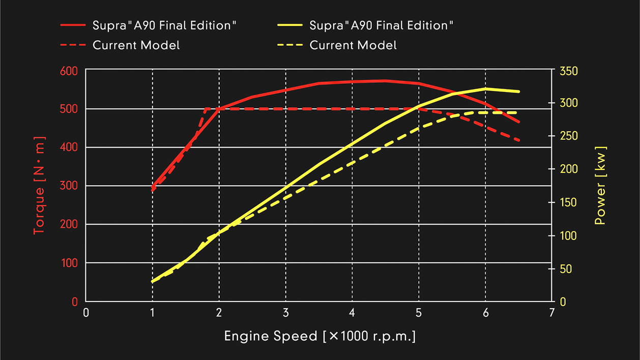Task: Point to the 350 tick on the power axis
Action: pyautogui.click(x=568, y=71)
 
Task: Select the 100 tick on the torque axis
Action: pyautogui.click(x=71, y=263)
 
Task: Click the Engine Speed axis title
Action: pyautogui.click(x=319, y=336)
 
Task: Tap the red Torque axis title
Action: pyautogui.click(x=40, y=186)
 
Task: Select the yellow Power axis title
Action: pyautogui.click(x=601, y=186)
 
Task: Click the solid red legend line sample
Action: pyautogui.click(x=73, y=25)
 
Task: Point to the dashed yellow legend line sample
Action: pyautogui.click(x=290, y=45)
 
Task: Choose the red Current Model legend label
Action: pyautogui.click(x=136, y=45)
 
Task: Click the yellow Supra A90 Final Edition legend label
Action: pyautogui.click(x=381, y=25)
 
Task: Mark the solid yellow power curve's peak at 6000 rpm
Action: pyautogui.click(x=485, y=88)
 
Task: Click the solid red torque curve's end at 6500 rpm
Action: pyautogui.click(x=519, y=122)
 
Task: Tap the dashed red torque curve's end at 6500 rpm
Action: pyautogui.click(x=519, y=140)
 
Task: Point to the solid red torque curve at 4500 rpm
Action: pyautogui.click(x=385, y=80)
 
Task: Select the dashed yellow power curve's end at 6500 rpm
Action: pyautogui.click(x=519, y=112)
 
